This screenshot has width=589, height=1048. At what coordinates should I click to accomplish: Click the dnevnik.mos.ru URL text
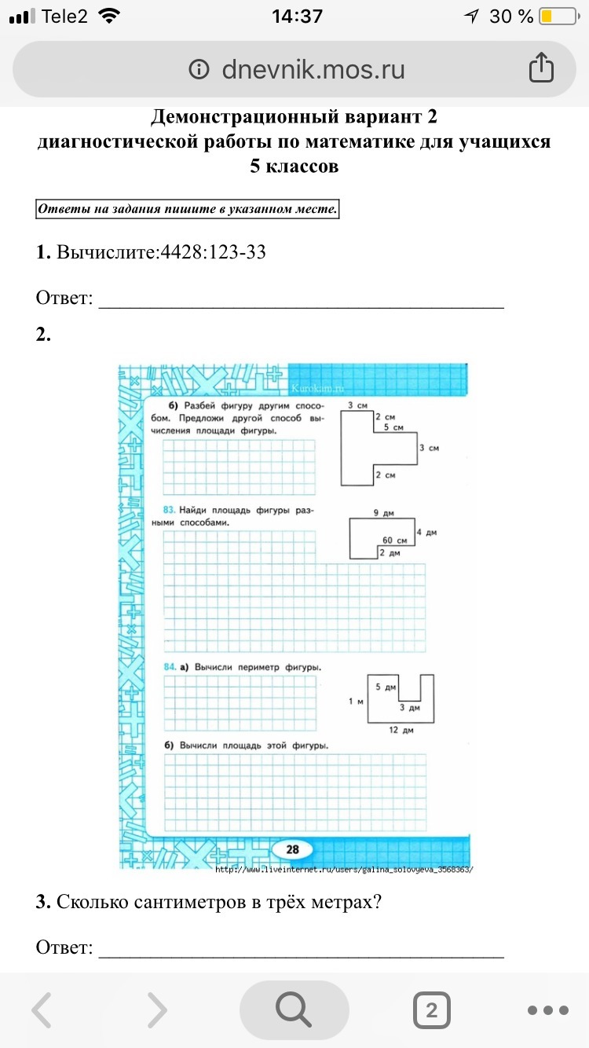(x=313, y=70)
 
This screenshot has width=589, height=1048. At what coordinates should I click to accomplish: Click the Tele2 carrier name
(x=64, y=16)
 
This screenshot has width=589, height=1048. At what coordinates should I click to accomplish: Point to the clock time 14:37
(x=296, y=16)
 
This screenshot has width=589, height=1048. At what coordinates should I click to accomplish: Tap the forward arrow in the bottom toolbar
(x=158, y=1010)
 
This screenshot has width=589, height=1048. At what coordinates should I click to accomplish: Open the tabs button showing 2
(x=431, y=1010)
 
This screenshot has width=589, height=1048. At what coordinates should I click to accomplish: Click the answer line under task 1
(x=300, y=307)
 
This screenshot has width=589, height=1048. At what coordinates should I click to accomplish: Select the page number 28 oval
(x=292, y=849)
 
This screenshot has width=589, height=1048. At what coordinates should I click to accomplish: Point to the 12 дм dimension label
(x=401, y=730)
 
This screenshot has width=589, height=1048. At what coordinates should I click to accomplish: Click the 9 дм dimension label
(x=382, y=513)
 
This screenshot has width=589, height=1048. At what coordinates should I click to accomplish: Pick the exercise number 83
(x=169, y=510)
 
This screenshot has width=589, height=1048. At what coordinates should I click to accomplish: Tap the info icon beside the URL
(x=199, y=70)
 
